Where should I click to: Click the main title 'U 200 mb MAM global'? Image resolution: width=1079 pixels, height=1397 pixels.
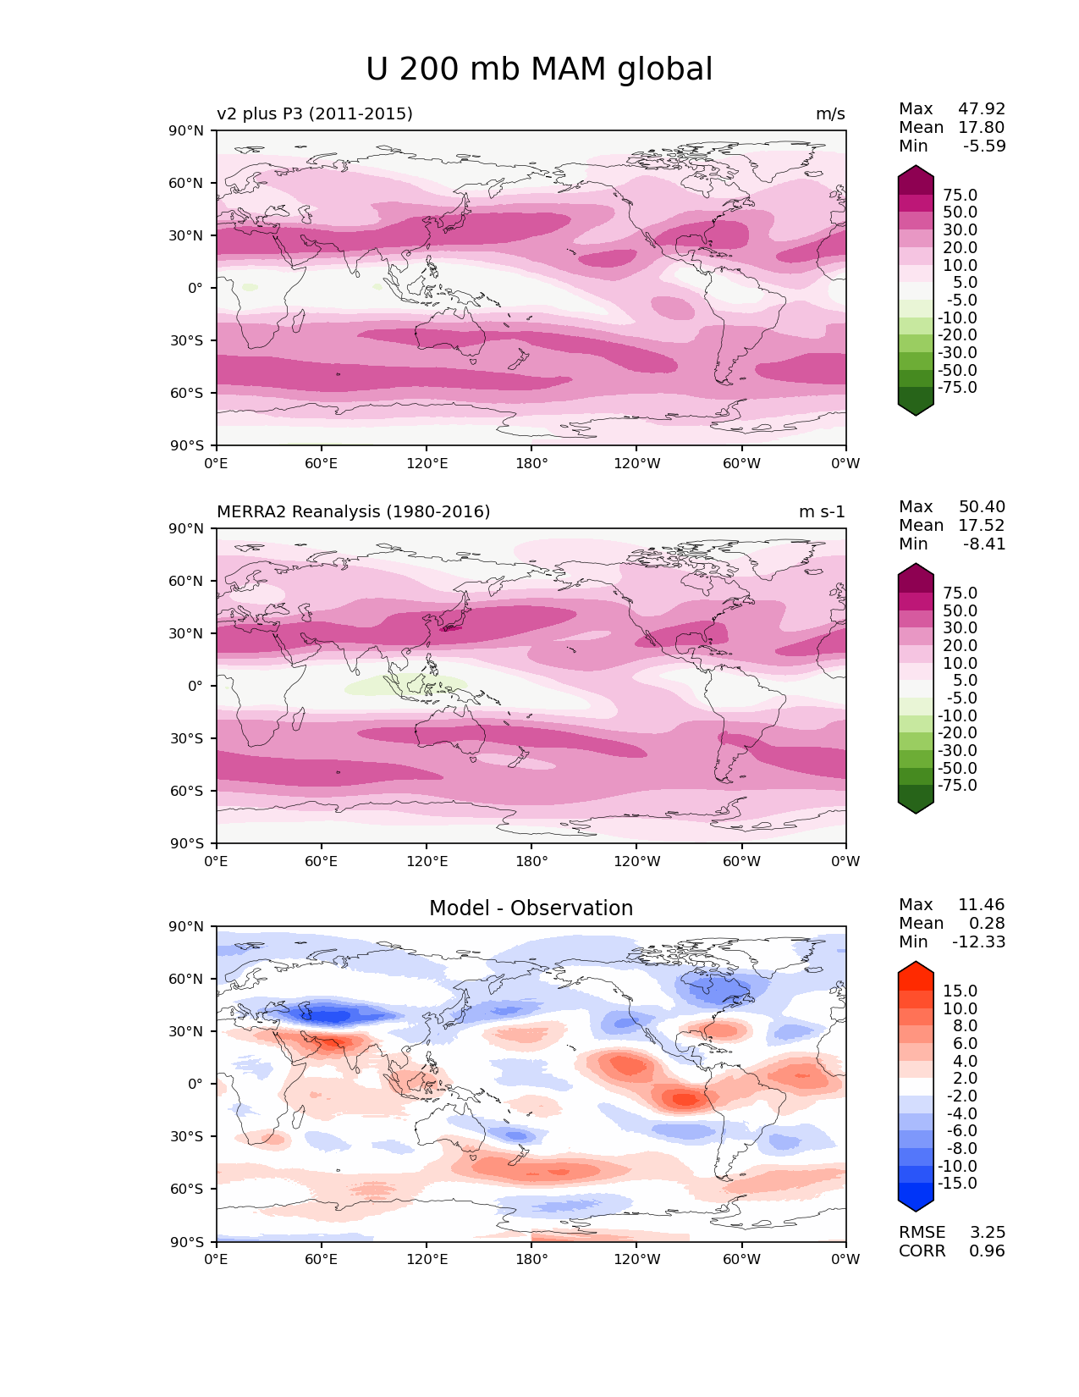point(539,69)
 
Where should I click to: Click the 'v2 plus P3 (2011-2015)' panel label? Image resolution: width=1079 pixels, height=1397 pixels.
point(315,113)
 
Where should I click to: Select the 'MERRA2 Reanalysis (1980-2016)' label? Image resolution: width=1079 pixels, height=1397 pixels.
point(353,511)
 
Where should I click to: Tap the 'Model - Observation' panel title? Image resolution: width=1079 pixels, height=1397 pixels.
point(531,908)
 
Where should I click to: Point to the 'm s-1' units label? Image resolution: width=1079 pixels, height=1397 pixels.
point(822,511)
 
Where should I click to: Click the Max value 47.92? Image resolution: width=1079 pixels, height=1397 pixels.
point(982,108)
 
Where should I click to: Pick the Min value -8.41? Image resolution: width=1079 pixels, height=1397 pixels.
point(984,544)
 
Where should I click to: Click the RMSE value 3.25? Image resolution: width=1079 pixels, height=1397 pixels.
point(988,1232)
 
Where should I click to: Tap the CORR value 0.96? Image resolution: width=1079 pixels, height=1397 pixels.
point(988,1251)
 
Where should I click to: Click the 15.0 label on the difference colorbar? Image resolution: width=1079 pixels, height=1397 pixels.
point(961,991)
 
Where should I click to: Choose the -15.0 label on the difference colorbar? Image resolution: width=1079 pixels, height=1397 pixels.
point(957,1183)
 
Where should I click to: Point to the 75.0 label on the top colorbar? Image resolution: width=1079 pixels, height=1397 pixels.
point(961,195)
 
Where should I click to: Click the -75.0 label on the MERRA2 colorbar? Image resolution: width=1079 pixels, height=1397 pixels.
point(957,785)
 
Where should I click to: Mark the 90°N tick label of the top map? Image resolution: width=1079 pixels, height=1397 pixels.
point(187,130)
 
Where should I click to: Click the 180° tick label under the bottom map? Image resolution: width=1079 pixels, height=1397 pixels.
point(531,1259)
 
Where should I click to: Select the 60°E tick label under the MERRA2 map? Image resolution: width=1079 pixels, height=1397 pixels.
point(322,861)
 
